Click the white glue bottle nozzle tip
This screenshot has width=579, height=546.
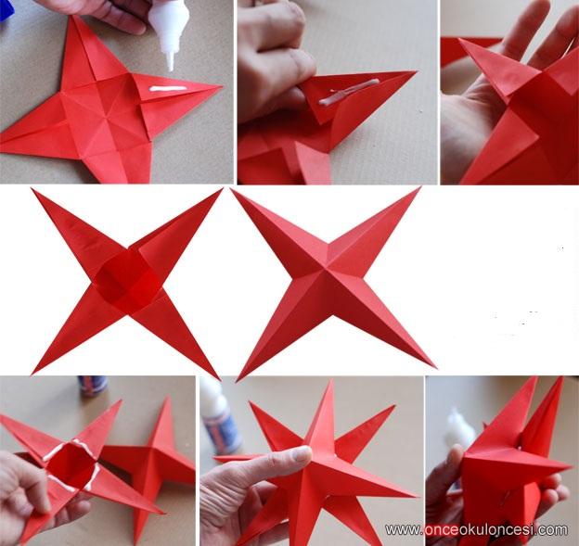[x=171, y=69]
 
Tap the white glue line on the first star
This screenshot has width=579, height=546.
[x=168, y=89]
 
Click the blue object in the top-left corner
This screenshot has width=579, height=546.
[x=6, y=9]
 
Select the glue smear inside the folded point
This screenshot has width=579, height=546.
[x=349, y=92]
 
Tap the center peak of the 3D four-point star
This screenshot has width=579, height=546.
[x=326, y=270]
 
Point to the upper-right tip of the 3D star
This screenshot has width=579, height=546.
[x=419, y=188]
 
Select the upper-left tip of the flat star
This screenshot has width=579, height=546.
[x=33, y=190]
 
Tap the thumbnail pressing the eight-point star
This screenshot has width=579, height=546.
[x=302, y=453]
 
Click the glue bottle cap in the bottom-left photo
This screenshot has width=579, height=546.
[x=92, y=386]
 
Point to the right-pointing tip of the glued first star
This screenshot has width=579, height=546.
[x=221, y=87]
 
